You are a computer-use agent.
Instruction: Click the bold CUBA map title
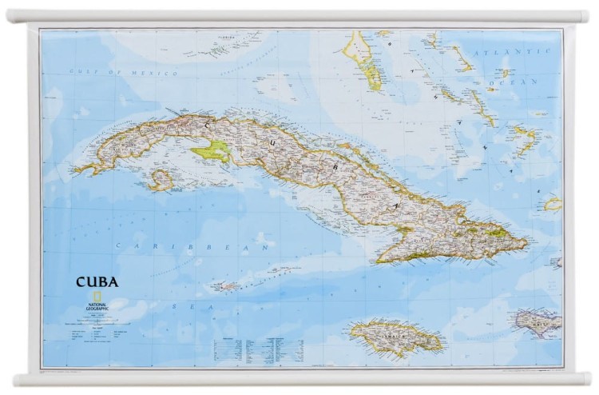click(97, 281)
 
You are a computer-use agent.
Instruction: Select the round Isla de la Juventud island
click(161, 179)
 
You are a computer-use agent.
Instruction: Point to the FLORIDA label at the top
click(234, 36)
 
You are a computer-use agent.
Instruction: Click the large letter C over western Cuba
click(209, 125)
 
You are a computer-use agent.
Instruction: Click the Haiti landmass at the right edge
click(541, 322)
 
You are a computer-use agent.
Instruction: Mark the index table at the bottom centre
click(259, 349)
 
